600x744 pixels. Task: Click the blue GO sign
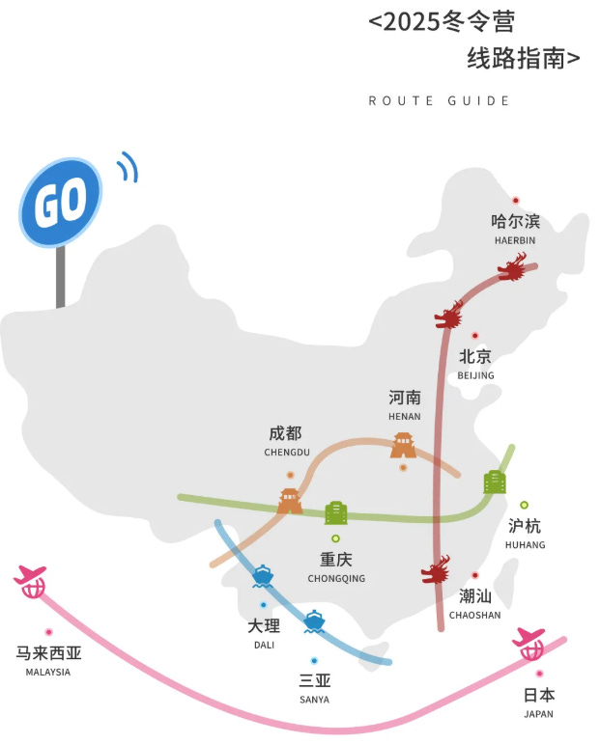pos(61,202)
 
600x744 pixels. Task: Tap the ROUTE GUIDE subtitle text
pos(439,101)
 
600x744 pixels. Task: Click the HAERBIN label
pos(513,240)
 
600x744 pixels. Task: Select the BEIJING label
pos(475,375)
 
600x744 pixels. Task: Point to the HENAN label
pos(405,417)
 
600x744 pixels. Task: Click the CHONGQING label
pos(336,579)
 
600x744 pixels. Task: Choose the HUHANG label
pos(525,545)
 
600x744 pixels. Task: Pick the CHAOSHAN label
pos(474,615)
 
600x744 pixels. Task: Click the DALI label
pos(264,645)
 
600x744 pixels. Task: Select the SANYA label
pos(314,699)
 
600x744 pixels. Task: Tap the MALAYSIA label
pos(47,672)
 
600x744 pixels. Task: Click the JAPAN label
pos(538,714)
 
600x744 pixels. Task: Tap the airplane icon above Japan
pos(530,643)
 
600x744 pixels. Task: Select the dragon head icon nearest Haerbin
pos(513,267)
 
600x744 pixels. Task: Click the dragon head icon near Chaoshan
pos(436,570)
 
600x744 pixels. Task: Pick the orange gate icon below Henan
pos(403,446)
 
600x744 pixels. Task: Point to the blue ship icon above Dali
pos(263,576)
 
